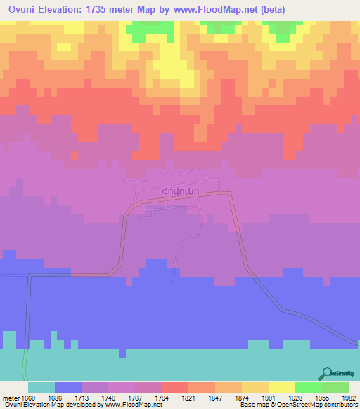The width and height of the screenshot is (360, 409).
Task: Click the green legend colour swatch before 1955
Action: point(308,387)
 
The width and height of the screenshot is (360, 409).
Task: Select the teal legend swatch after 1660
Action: point(41,387)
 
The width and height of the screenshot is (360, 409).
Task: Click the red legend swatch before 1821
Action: point(174,387)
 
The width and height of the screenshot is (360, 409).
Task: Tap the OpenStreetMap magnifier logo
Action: point(326,374)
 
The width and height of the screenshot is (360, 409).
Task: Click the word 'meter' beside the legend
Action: point(12,397)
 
